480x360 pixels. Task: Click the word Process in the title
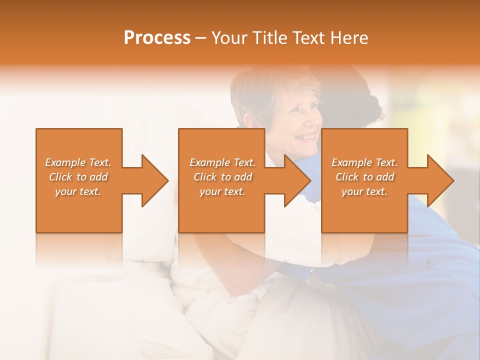157,38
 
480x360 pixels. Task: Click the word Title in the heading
269,38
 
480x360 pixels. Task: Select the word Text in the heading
309,38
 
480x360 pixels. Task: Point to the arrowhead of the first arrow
154,180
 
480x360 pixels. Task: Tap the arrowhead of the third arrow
440,180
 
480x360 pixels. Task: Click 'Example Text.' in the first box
78,162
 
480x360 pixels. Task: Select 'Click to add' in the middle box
222,177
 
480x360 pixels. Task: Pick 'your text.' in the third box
364,191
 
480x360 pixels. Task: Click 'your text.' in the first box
78,191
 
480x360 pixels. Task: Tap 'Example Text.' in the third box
364,162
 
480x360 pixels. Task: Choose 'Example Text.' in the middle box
222,162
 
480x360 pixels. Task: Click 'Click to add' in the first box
78,177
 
